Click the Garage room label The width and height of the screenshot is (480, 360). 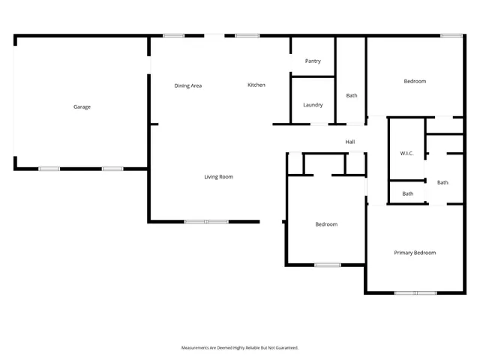click(x=82, y=107)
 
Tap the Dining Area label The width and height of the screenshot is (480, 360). click(x=187, y=86)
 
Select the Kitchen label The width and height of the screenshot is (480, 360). click(x=256, y=85)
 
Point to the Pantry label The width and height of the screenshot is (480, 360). click(x=313, y=61)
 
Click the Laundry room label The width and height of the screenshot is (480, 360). click(x=313, y=105)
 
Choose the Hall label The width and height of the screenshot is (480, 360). click(x=349, y=142)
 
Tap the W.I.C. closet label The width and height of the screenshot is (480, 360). click(x=406, y=154)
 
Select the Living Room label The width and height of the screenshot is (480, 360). click(x=219, y=177)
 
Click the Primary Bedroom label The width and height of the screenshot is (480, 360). click(x=415, y=253)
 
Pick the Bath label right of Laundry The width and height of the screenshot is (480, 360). click(x=352, y=96)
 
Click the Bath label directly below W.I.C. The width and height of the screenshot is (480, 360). click(x=407, y=194)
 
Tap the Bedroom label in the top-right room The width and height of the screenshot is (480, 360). click(x=415, y=81)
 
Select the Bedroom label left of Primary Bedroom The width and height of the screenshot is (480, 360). click(x=326, y=224)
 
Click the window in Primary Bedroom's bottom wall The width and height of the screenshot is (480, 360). click(x=415, y=292)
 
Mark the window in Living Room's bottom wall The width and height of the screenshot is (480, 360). click(x=206, y=221)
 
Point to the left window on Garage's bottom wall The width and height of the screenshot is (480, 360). click(x=49, y=169)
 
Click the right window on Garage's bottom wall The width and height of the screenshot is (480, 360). click(x=112, y=169)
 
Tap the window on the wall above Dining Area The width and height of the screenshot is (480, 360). click(x=174, y=35)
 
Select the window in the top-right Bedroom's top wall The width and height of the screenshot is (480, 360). click(x=451, y=35)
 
